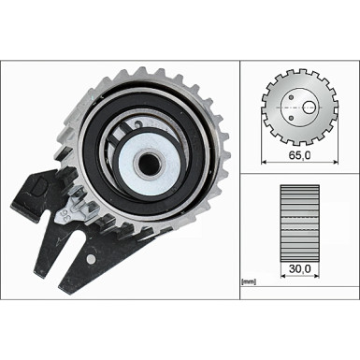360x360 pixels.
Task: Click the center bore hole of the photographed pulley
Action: (x=150, y=163)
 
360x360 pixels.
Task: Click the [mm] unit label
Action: (x=249, y=281)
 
